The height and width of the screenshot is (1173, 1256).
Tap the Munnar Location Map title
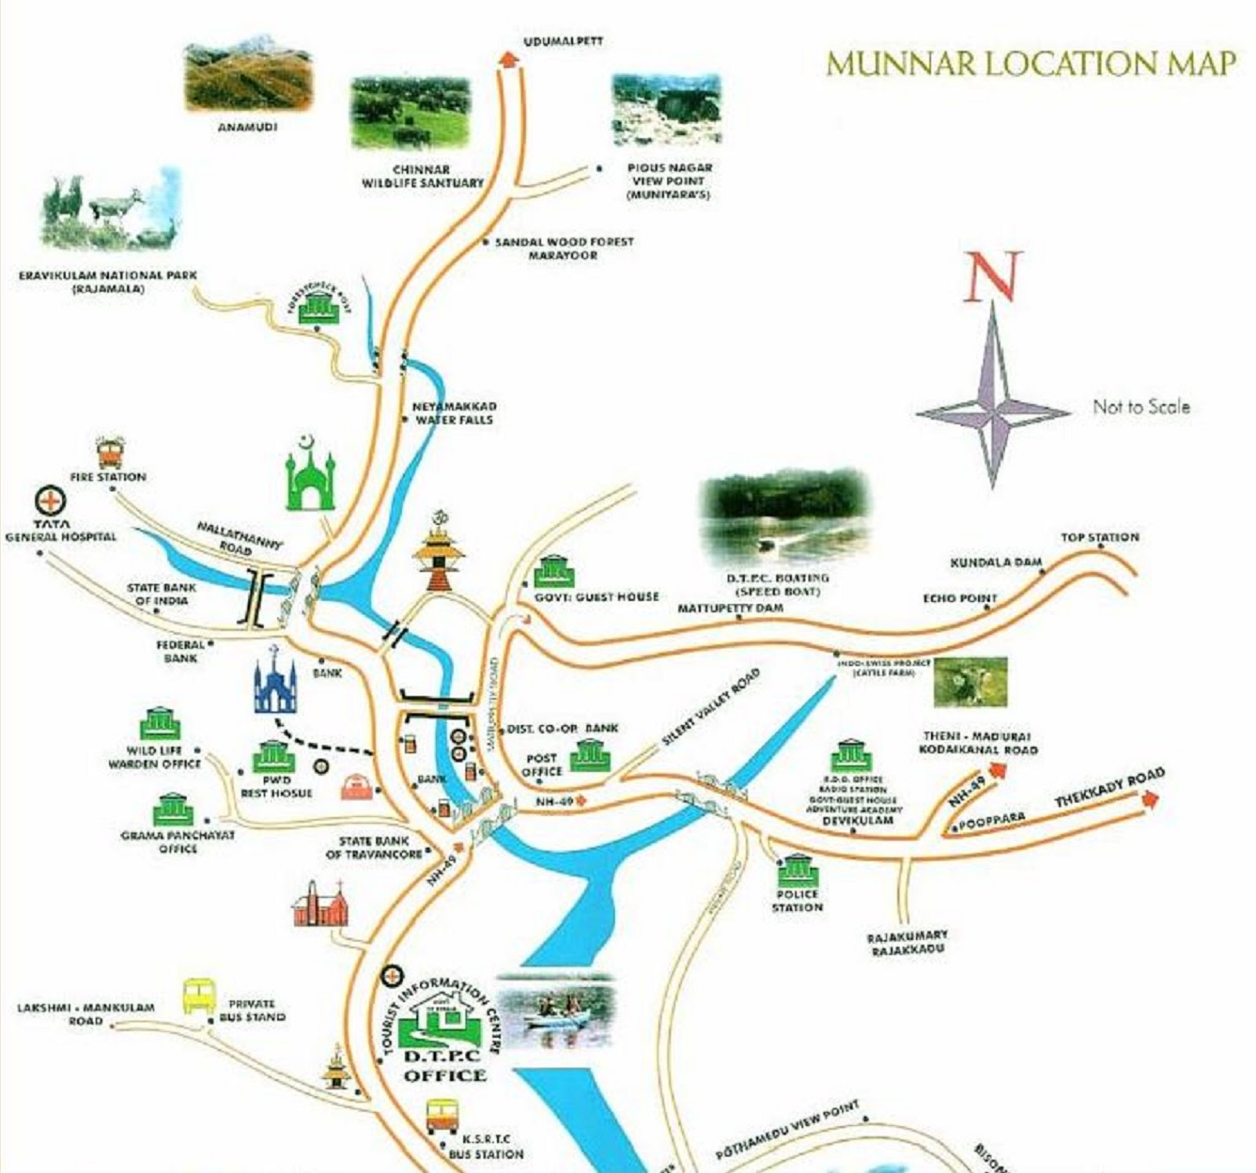pos(1031,64)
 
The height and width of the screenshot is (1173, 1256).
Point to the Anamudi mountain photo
pos(247,78)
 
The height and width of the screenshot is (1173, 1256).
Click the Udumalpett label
pos(563,41)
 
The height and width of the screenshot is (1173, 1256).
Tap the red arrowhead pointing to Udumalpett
pos(509,59)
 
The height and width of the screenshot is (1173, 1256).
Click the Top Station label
pos(1099,537)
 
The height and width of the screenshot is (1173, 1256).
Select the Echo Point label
pos(959,599)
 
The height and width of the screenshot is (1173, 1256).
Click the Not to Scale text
pos(1141,406)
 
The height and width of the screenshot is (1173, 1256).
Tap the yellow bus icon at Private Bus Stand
pos(199,996)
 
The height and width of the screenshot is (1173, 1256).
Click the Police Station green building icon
pos(798,870)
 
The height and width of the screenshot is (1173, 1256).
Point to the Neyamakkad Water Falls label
pos(454,413)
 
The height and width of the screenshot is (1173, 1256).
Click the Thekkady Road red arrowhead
pos(1152,799)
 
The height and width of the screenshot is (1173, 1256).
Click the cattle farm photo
pos(970,682)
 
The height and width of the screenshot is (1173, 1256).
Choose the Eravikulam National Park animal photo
pos(110,213)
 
